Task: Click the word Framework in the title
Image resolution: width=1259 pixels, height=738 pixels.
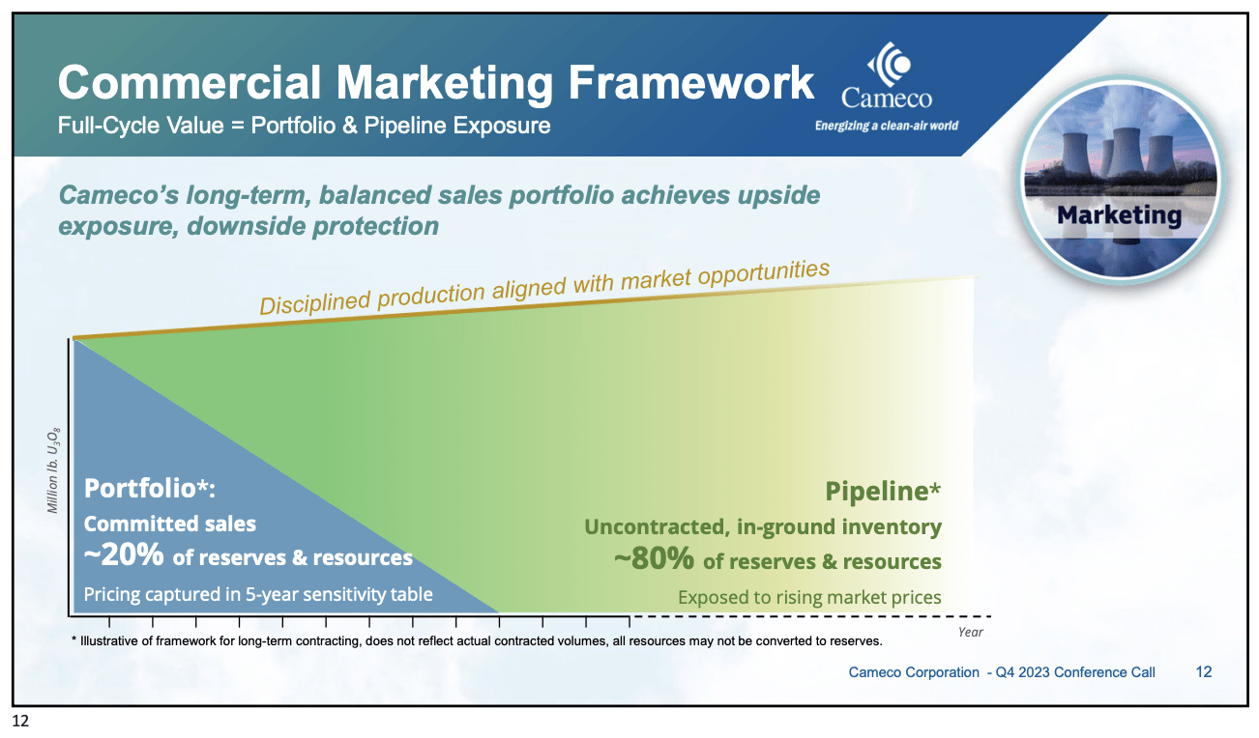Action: click(x=690, y=83)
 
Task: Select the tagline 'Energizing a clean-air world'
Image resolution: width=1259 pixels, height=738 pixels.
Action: click(x=887, y=126)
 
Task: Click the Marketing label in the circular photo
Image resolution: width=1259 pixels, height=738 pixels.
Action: click(x=1119, y=215)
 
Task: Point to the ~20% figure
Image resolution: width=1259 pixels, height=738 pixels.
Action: click(x=124, y=554)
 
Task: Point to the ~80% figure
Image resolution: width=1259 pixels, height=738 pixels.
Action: click(x=654, y=558)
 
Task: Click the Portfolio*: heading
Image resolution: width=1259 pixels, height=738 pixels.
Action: click(x=150, y=488)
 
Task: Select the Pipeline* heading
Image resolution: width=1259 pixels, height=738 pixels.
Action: click(x=883, y=492)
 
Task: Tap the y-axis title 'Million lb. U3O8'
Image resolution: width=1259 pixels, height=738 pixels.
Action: click(x=53, y=470)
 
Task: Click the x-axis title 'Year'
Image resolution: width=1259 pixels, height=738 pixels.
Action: click(x=971, y=632)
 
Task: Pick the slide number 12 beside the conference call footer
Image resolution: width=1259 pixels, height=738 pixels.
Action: click(x=1203, y=671)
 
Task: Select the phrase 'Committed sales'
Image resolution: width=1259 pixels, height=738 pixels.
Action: click(x=170, y=524)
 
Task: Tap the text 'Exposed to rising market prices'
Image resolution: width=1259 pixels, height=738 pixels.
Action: click(x=809, y=597)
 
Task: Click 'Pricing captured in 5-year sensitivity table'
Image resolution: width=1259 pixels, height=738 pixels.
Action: click(x=258, y=594)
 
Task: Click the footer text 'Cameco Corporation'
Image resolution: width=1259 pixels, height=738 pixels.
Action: click(x=914, y=672)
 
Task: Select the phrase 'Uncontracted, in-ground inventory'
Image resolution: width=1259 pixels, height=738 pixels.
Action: click(x=763, y=526)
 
